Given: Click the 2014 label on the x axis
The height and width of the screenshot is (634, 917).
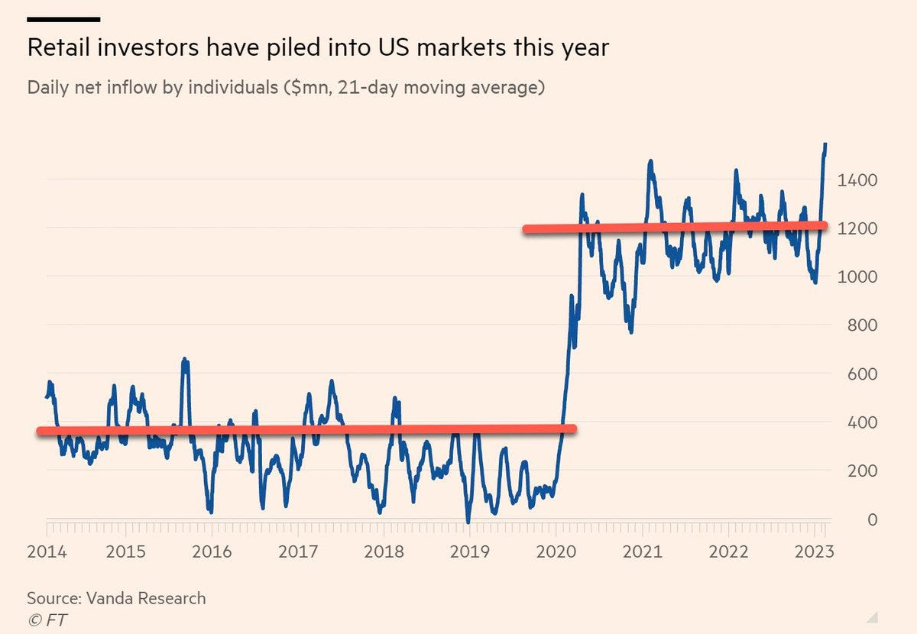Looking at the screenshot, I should pyautogui.click(x=47, y=552).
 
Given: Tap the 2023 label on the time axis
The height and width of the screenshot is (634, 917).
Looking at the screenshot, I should pyautogui.click(x=810, y=552).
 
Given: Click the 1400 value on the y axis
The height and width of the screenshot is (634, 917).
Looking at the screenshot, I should pyautogui.click(x=858, y=180).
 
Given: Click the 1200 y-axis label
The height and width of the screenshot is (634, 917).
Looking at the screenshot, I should pyautogui.click(x=858, y=228).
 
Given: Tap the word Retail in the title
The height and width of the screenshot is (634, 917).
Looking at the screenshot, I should pyautogui.click(x=59, y=47).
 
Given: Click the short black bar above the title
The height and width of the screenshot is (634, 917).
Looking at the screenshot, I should pyautogui.click(x=63, y=19).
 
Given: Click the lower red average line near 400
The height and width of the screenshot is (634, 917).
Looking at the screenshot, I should pyautogui.click(x=306, y=430).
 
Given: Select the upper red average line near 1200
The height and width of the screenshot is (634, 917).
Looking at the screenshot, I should pyautogui.click(x=672, y=227).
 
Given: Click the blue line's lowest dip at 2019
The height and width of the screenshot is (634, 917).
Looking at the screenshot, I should pyautogui.click(x=468, y=522).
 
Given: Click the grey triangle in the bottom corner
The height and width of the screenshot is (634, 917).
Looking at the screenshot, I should pyautogui.click(x=872, y=616).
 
